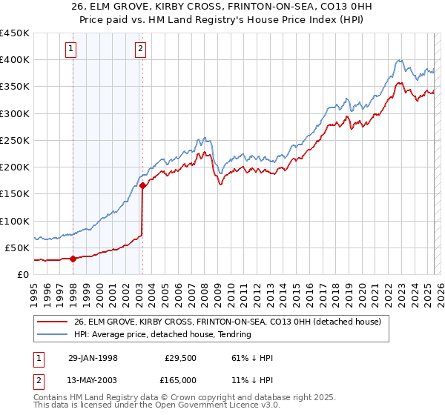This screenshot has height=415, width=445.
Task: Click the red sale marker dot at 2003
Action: pos(142,186)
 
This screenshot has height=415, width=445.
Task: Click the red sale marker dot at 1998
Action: pos(73,259)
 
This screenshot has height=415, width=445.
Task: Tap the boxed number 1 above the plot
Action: pos(71,50)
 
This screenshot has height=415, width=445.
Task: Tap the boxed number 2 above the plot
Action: pos(140,50)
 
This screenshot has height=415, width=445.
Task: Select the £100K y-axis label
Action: pos(14,221)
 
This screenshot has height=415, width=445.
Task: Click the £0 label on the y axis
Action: pos(22,274)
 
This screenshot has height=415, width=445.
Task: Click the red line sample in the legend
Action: pos(52,322)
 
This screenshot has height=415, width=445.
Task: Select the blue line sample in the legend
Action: pos(52,334)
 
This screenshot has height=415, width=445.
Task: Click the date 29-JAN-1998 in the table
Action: pos(93,358)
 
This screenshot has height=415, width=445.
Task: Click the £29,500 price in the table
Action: pos(178,358)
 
